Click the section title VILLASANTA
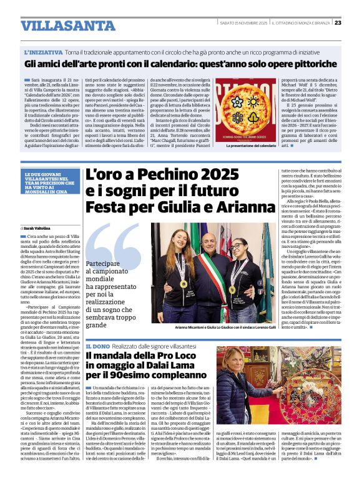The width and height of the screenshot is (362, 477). click(x=59, y=26)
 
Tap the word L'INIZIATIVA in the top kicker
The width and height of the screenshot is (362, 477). click(x=44, y=53)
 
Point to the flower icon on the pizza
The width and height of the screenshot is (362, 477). click(x=238, y=118)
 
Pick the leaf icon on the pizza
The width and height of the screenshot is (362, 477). click(x=255, y=118)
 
